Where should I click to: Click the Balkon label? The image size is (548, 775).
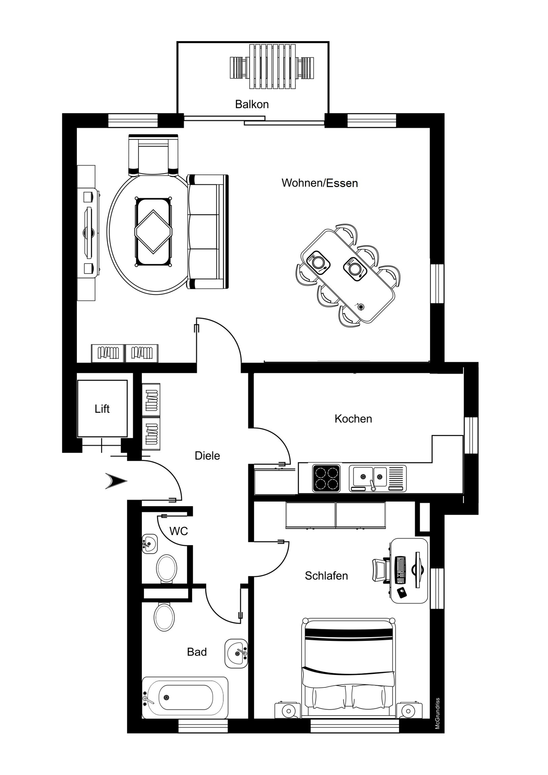coord(252,104)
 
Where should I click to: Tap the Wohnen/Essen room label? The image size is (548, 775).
coord(320,183)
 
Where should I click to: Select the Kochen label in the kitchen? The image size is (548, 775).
coord(353,418)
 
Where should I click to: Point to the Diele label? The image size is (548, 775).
coord(207,456)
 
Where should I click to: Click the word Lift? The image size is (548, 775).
coord(102,409)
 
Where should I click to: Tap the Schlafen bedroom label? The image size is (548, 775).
coord(326,576)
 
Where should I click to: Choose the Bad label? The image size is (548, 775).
coord(197,652)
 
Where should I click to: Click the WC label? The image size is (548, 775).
coord(178,531)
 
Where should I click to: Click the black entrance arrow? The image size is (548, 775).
coord(116,481)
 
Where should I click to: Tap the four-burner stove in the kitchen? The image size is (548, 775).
coord(327,478)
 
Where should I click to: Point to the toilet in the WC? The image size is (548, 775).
coord(166,568)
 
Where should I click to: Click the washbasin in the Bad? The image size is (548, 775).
coord(236,653)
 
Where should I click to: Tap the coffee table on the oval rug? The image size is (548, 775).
coord(153,232)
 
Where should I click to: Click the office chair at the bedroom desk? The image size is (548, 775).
coord(381,570)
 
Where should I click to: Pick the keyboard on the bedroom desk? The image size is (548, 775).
coord(400,570)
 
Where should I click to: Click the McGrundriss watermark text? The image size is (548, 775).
coord(437,713)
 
